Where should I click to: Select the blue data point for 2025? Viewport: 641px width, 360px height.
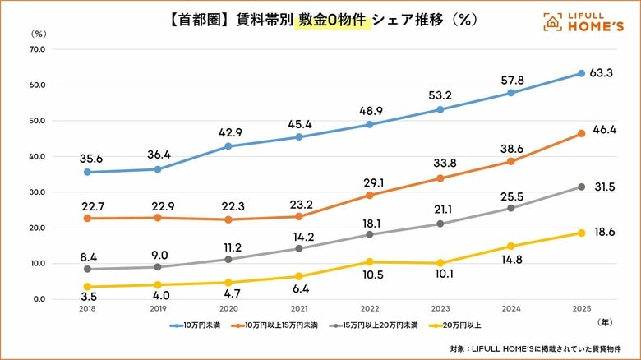point(581,73)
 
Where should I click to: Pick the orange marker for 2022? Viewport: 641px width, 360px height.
point(369,196)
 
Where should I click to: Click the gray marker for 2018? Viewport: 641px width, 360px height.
point(87,269)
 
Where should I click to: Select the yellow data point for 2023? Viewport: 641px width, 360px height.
point(440,263)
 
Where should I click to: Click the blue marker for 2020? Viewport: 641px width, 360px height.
point(228,146)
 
